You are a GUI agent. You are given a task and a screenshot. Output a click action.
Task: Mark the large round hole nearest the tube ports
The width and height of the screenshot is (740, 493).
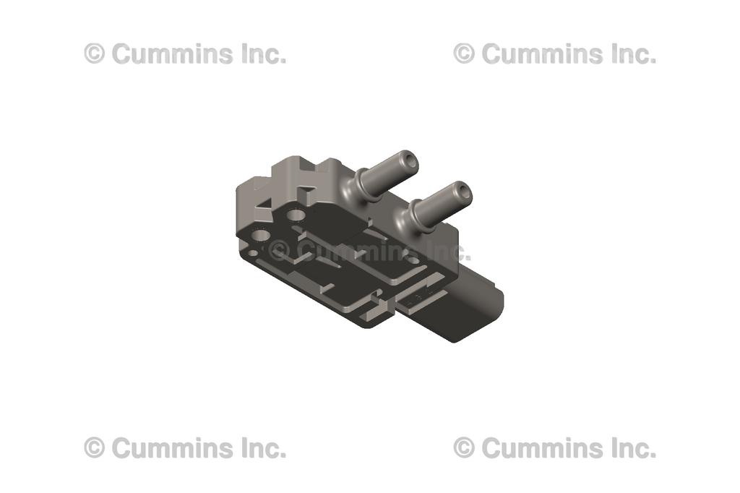coord(296,215)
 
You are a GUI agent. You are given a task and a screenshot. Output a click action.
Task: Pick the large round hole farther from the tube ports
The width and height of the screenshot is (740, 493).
coord(261,235)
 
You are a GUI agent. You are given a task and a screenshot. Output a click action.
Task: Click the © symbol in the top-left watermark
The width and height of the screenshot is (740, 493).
coord(95,53)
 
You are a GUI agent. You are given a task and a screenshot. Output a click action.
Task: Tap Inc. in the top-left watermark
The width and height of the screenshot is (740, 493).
coord(262,53)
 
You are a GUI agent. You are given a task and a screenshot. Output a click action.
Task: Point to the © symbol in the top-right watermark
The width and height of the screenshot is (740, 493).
coord(464,53)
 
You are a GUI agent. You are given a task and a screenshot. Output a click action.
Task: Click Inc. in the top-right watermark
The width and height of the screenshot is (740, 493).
coord(632,53)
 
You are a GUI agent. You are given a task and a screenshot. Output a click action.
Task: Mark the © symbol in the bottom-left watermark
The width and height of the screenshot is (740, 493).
coord(95,448)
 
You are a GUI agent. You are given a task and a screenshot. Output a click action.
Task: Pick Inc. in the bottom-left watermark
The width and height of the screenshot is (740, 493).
coord(262,448)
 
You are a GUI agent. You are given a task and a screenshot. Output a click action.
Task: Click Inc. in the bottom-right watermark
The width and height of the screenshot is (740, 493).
coord(632,448)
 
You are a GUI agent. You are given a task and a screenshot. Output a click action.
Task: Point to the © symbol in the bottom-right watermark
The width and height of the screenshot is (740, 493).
coord(464,448)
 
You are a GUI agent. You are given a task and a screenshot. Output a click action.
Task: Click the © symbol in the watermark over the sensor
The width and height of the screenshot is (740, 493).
coord(279,251)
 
